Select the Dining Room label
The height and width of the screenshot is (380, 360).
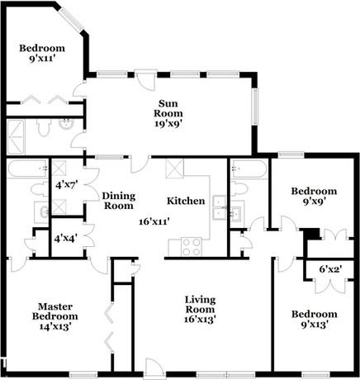click(119, 201)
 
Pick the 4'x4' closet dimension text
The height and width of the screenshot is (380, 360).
click(66, 239)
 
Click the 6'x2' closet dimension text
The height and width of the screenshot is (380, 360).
click(330, 270)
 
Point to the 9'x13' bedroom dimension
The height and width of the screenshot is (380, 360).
click(315, 325)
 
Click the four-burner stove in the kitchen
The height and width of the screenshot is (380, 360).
click(192, 245)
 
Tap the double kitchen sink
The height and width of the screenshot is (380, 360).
click(220, 207)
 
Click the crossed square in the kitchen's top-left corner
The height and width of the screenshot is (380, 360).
click(175, 170)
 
